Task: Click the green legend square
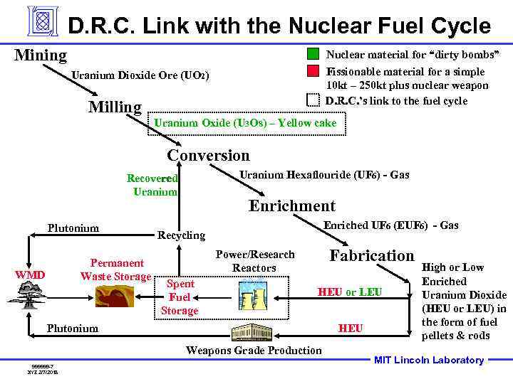tap(313, 54)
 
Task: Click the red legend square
tap(313, 70)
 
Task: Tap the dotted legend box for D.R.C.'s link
tap(313, 100)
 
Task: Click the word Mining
tap(41, 55)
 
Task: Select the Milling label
tap(115, 107)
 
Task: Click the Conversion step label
tap(208, 155)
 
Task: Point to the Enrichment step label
tap(291, 206)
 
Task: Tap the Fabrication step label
tap(371, 255)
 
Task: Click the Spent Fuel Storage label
tap(180, 297)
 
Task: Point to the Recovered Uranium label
tap(152, 185)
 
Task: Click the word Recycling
tap(181, 235)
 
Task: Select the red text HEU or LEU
tap(349, 292)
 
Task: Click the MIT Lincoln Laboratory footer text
tap(429, 360)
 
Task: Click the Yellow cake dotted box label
tap(245, 123)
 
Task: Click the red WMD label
tap(31, 275)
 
